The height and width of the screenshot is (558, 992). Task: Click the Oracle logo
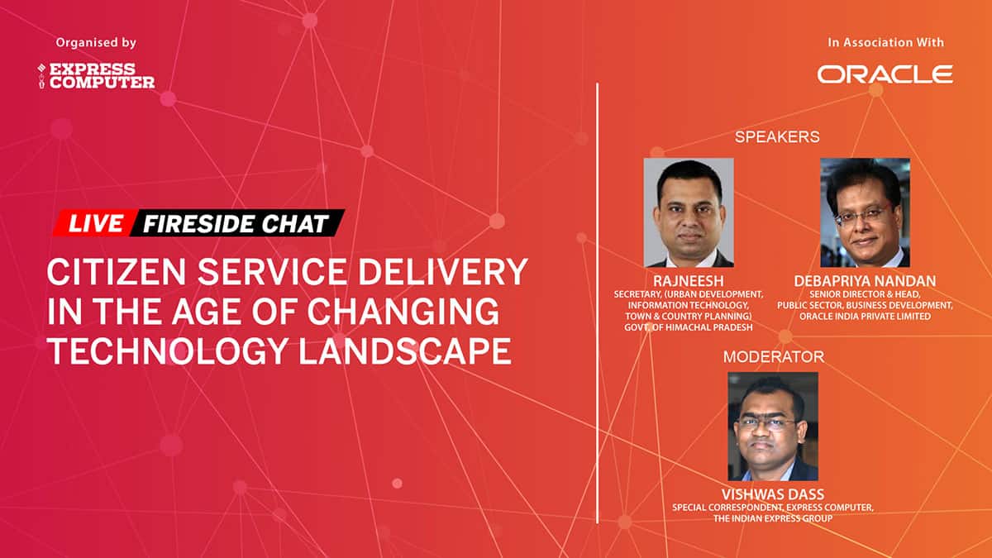(x=885, y=74)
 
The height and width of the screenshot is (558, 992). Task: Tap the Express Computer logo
(x=96, y=76)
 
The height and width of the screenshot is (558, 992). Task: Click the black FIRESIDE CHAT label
(x=235, y=223)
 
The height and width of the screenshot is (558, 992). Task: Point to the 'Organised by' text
(x=96, y=42)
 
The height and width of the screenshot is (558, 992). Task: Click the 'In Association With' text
(x=885, y=42)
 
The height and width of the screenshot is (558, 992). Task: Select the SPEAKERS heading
(x=776, y=137)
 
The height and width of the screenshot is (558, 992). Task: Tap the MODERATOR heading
(x=773, y=357)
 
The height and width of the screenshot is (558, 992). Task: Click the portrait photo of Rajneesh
(x=689, y=212)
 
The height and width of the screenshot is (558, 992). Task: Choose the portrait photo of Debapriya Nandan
(x=864, y=212)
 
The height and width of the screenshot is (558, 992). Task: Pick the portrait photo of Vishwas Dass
(x=773, y=426)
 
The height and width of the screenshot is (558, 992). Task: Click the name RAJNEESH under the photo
(x=689, y=282)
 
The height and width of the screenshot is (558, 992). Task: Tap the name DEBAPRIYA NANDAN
(x=865, y=282)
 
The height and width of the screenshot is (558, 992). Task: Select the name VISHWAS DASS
(x=773, y=494)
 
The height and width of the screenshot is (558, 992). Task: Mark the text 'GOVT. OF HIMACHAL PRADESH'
(x=689, y=327)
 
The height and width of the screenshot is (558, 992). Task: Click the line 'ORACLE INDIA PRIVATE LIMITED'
(x=865, y=317)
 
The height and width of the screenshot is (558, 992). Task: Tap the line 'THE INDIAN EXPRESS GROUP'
(x=773, y=518)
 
